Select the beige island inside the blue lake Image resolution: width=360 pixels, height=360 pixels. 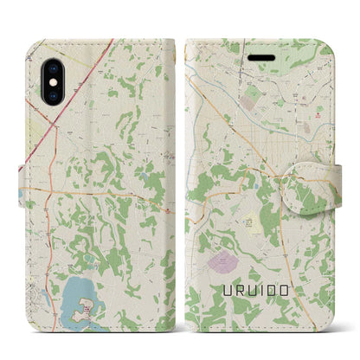(86, 308)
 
